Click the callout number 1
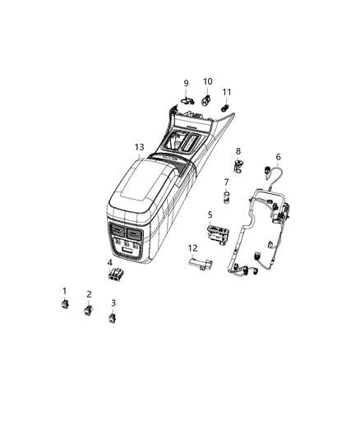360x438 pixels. tap(65, 291)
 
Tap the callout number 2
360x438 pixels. tap(89, 294)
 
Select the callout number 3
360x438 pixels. tap(113, 302)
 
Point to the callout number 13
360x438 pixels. tap(140, 147)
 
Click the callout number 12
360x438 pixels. tap(192, 247)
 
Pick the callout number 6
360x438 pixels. tap(278, 157)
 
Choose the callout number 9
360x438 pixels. tap(187, 83)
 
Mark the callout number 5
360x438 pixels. tap(210, 215)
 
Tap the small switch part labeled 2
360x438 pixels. tap(89, 309)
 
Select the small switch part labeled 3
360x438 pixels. tap(113, 317)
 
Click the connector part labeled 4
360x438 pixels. tap(117, 274)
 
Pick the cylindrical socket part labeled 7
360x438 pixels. tap(226, 197)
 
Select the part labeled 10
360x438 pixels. tap(207, 101)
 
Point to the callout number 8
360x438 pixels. tap(238, 151)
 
